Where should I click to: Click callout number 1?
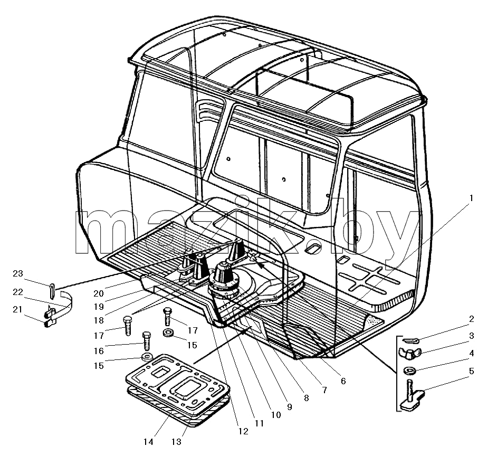(471, 198)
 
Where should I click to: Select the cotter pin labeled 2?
(412, 340)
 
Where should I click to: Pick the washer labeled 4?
(410, 370)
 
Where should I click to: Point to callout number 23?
(18, 273)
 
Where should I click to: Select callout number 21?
(18, 309)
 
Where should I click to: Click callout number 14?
(148, 441)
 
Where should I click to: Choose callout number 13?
(176, 441)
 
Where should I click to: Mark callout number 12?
(243, 431)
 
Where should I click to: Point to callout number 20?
(99, 293)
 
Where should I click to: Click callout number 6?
(343, 381)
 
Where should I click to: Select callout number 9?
(289, 406)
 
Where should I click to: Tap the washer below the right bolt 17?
(168, 333)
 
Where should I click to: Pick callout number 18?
(99, 320)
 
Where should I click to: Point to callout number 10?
(276, 415)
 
